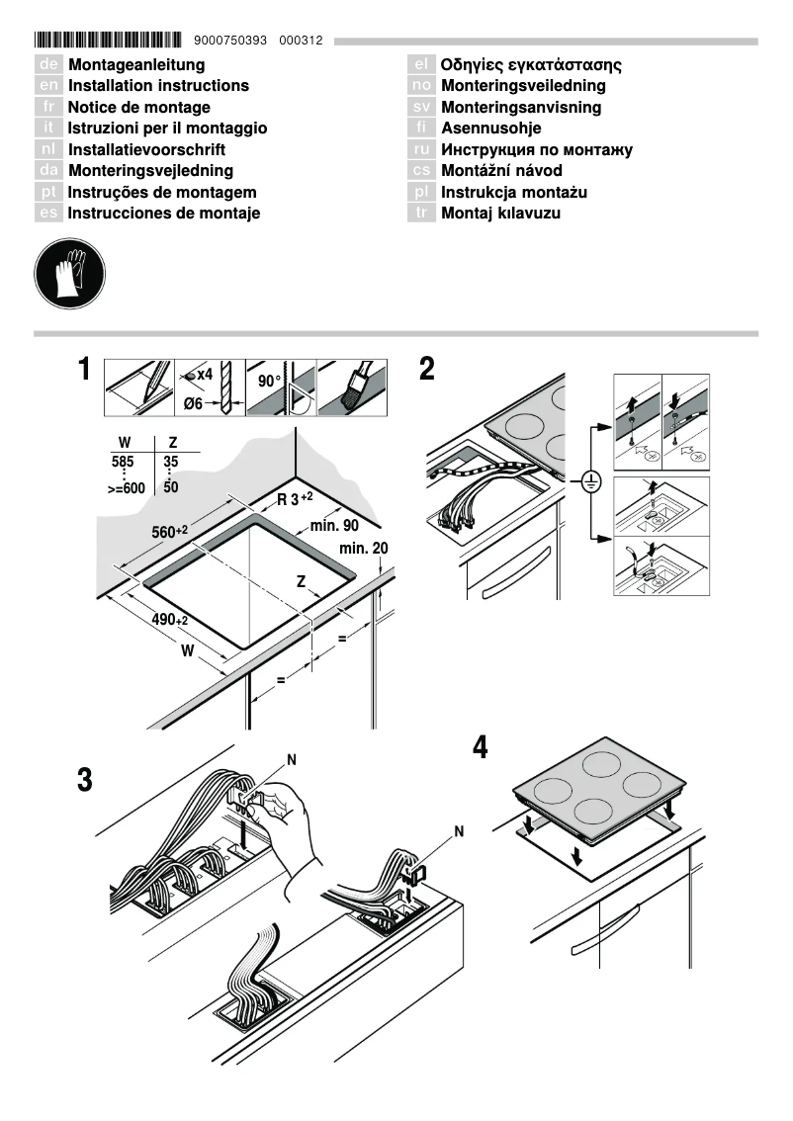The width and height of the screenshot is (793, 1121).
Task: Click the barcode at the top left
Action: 108,41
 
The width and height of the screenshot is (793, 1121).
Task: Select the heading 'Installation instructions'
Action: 158,86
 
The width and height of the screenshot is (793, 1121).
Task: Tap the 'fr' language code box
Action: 48,107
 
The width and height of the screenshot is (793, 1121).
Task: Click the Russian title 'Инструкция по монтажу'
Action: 536,150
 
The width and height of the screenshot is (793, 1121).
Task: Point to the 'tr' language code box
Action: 421,214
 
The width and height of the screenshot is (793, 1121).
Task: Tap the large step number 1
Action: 86,372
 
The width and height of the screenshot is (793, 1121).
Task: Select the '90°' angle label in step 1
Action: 269,381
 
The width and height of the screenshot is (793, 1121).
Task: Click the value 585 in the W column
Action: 122,461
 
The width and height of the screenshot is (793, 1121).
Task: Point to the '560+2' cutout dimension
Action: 169,532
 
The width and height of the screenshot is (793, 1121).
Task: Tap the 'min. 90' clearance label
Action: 334,526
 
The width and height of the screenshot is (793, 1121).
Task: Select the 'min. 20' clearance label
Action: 363,549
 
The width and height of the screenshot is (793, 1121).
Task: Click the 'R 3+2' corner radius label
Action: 295,498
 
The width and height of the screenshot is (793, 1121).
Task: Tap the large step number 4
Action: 481,747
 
